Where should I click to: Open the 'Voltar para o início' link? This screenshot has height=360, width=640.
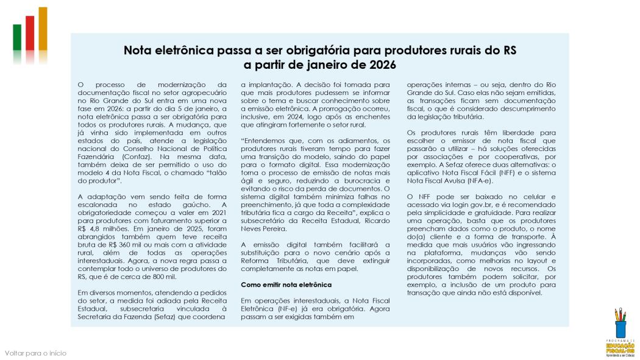(35, 353)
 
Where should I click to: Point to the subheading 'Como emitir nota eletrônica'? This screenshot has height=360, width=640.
(286, 284)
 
